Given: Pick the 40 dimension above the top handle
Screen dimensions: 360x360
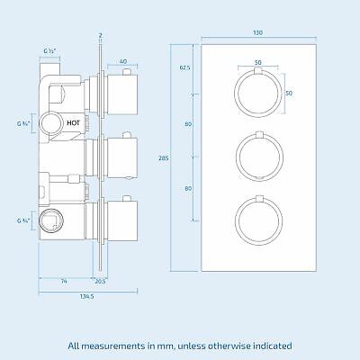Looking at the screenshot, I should coord(121,61).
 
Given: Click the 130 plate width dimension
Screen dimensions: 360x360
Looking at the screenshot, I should coord(259,32).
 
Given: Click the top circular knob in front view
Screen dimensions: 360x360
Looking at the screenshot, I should coord(258,94).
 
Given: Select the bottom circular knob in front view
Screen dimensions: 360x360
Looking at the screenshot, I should coord(258,220).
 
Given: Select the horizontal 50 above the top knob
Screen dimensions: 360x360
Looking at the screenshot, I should coord(258,62).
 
